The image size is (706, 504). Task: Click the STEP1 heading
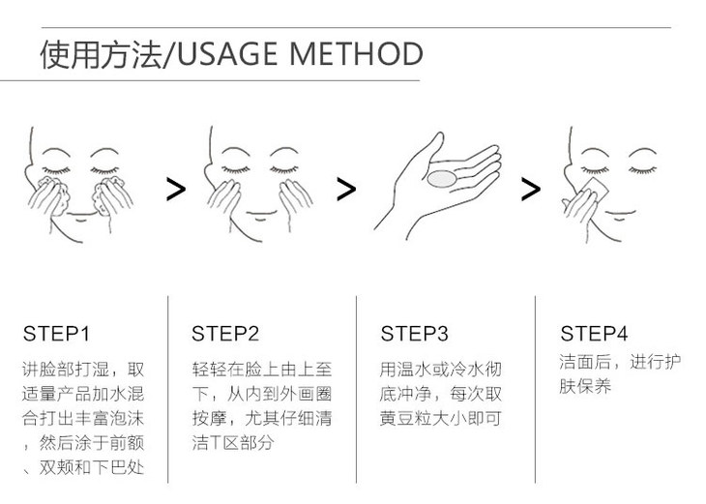[x=56, y=334]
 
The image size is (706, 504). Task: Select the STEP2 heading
[x=225, y=334]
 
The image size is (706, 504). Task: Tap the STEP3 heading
[x=414, y=334]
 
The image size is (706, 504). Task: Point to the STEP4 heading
[x=594, y=334]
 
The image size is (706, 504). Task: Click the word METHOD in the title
[x=356, y=53]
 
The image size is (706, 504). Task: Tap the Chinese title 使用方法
[x=101, y=54]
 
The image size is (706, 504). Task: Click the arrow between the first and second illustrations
[x=176, y=190]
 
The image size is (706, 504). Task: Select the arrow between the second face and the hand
[x=346, y=190]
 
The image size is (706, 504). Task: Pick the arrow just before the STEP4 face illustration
[x=531, y=190]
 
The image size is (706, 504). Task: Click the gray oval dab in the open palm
[x=442, y=178]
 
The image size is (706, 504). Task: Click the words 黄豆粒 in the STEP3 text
[x=405, y=419]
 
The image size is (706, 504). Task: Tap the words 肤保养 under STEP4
[x=585, y=386]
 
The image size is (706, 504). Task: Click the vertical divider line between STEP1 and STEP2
[x=168, y=390]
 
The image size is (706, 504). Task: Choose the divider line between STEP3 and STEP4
[x=536, y=390]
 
